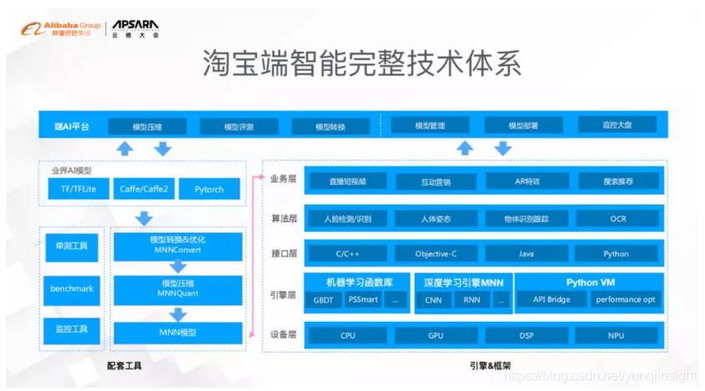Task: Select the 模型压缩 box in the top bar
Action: click(147, 127)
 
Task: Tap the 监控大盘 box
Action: click(617, 126)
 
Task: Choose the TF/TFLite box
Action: click(73, 189)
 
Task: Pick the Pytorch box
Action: click(209, 189)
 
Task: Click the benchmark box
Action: click(72, 288)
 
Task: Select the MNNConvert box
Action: click(178, 245)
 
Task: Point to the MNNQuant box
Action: click(178, 288)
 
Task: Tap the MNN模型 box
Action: click(178, 332)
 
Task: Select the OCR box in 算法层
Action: click(617, 219)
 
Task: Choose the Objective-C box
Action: click(436, 253)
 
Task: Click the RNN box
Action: click(471, 300)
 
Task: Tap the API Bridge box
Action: click(546, 299)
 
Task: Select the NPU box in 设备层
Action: click(617, 336)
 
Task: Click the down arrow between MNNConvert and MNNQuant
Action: click(178, 267)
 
